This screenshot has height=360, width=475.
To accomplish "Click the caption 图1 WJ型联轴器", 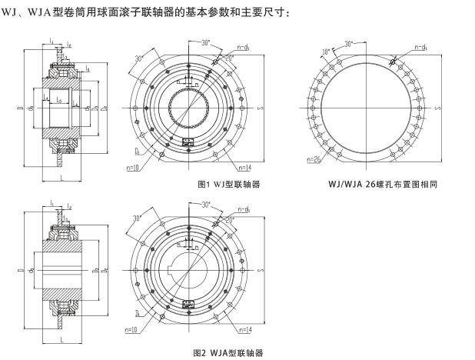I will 229,185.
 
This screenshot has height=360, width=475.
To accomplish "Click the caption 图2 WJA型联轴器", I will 230,352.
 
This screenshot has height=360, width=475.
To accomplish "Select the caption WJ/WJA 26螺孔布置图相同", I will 382,185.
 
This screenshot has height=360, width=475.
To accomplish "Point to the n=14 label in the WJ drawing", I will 245,167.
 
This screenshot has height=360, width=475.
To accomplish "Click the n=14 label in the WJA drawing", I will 245,330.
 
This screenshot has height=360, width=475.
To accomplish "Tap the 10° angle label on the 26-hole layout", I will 327,52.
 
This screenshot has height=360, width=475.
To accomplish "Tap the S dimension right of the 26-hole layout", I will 439,108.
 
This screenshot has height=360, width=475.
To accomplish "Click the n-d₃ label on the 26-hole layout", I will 421,47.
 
